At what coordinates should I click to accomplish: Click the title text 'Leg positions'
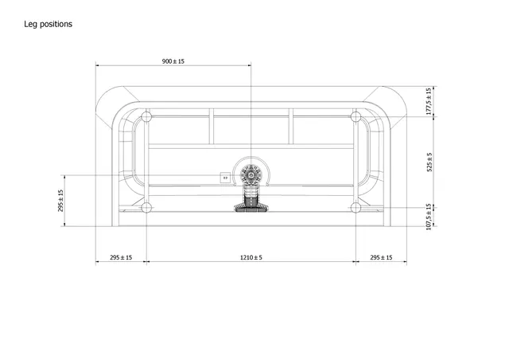coord(49,24)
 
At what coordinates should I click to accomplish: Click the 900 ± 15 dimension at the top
coord(173,61)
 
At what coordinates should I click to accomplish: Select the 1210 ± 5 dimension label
coord(251,257)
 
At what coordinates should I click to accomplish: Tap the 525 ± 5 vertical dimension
coord(429,162)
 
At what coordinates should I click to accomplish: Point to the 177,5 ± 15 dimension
coord(429,101)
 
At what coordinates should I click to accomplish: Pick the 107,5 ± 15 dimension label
coord(429,217)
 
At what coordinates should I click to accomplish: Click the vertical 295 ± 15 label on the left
coord(62,200)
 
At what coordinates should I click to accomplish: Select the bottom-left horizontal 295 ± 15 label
coord(121,257)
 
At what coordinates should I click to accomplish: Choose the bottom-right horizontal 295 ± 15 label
coord(382,257)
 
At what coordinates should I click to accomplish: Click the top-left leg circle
coord(146,117)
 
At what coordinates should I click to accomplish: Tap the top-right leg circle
coord(356,117)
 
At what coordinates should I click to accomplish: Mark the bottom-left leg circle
coord(146,208)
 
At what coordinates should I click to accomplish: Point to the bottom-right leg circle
coord(356,208)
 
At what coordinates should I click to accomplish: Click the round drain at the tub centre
coord(251,174)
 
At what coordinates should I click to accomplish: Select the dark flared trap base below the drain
coord(251,208)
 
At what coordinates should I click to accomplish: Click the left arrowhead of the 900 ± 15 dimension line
coord(98,66)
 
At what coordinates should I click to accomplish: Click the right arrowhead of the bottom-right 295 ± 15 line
coord(405,262)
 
